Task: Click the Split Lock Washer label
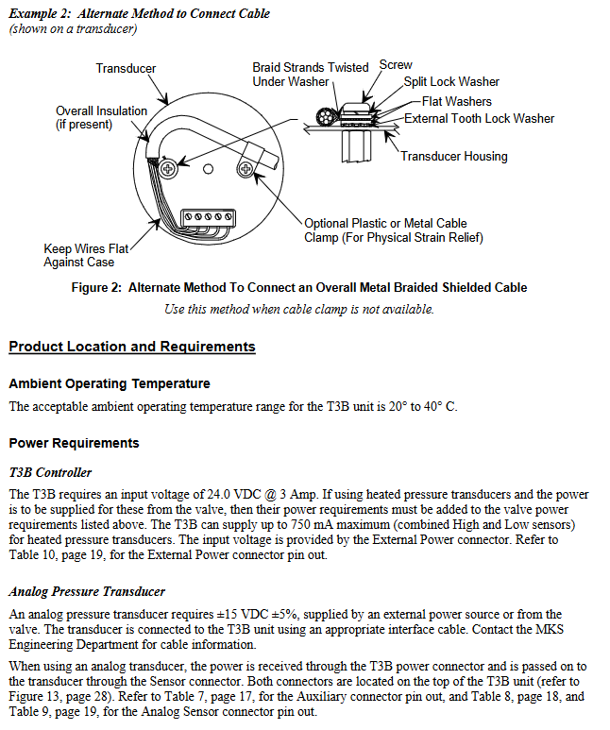451,82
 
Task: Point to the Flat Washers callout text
457,101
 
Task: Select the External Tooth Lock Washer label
479,118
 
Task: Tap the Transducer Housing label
453,156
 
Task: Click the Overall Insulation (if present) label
101,117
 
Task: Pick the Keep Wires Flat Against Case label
85,255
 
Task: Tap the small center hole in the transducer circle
208,169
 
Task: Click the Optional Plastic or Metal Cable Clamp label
393,230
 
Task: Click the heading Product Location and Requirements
132,347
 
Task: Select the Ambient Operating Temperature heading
110,383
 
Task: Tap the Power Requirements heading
74,443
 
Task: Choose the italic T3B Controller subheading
50,472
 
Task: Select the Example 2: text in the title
39,13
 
